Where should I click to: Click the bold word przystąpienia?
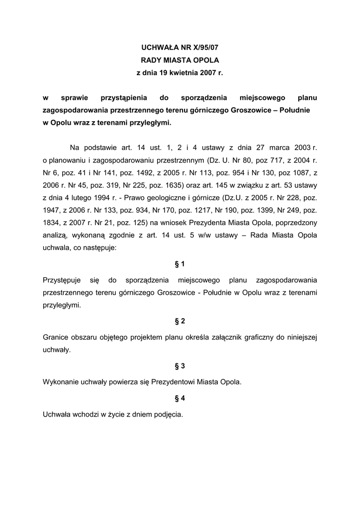[x=121, y=98]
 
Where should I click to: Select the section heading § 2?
[x=180, y=321]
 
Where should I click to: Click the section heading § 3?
[x=180, y=366]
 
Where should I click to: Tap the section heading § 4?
[x=180, y=398]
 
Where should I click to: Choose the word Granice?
[x=56, y=337]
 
